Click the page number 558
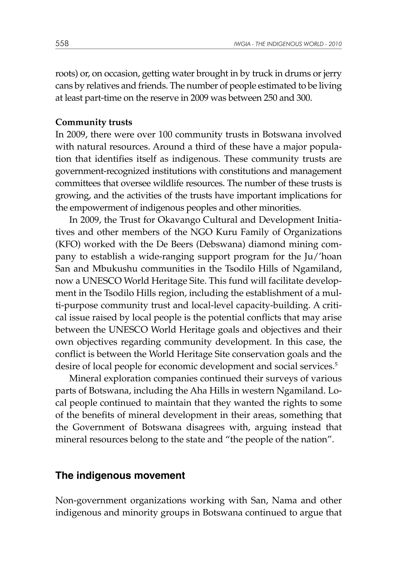click(x=62, y=44)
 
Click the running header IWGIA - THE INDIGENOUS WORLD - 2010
click(x=288, y=44)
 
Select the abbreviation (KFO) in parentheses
click(x=67, y=244)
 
